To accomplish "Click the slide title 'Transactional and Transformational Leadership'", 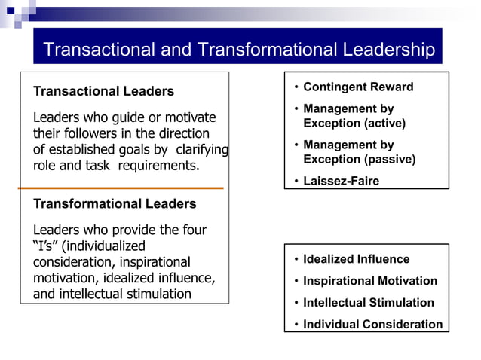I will (x=238, y=50).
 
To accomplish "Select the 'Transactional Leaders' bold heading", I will (x=103, y=92).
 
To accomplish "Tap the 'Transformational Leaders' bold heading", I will (x=115, y=204).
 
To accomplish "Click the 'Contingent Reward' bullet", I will (x=358, y=87).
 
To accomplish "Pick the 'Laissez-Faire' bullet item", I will (x=341, y=181).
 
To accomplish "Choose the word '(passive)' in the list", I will (x=390, y=159).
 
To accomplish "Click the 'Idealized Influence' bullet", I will (x=357, y=260).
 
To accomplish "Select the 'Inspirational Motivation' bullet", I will (x=369, y=281).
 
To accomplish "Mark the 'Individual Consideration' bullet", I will (x=372, y=325).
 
